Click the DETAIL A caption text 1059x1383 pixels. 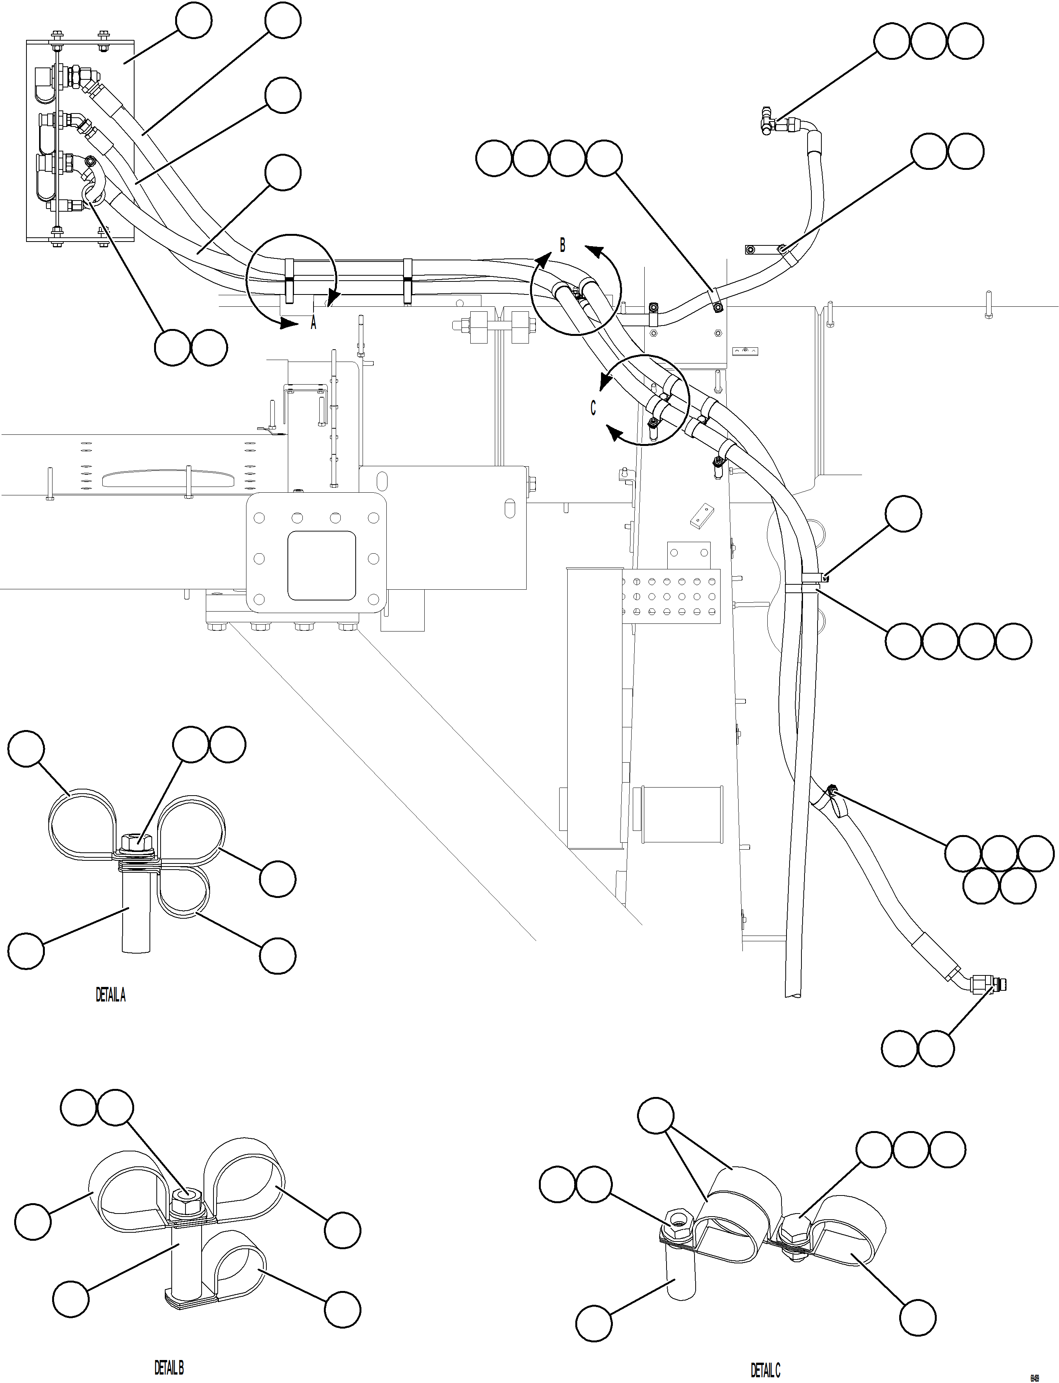tap(110, 995)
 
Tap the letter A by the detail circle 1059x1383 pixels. tap(313, 324)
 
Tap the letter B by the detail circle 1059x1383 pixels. tap(562, 245)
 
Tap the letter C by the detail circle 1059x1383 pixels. tap(593, 408)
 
